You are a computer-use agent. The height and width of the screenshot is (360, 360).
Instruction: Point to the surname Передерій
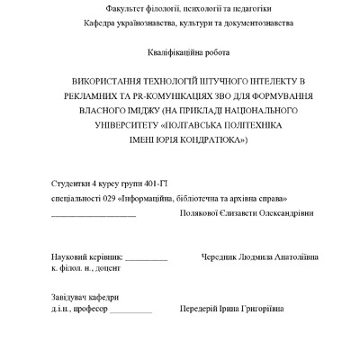200,310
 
